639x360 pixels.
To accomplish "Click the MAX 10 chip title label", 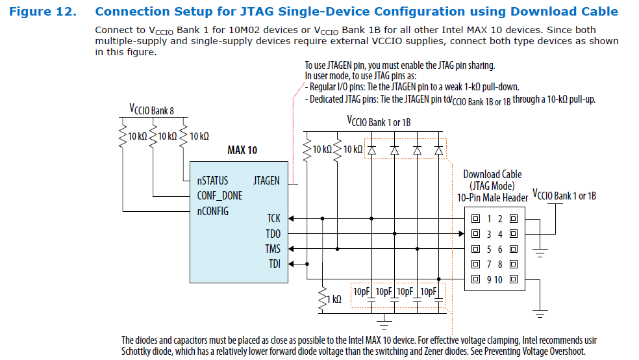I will (x=242, y=150).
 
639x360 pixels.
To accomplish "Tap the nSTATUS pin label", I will (x=212, y=181).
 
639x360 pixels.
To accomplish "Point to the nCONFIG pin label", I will (x=213, y=211).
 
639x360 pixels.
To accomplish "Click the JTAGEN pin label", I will (x=266, y=181).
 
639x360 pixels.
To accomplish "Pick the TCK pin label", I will (x=273, y=219).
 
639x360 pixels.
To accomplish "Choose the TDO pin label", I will (x=273, y=233).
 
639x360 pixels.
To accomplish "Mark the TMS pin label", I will (x=273, y=248).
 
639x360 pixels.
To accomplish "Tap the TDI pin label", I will (x=275, y=263).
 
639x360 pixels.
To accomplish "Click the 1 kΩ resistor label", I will (x=334, y=300).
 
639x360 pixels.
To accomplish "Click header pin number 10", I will (x=498, y=280).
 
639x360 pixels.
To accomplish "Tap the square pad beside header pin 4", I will (x=513, y=234).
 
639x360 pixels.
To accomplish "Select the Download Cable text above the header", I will (x=492, y=174).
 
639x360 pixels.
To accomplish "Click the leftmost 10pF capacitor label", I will (x=362, y=291).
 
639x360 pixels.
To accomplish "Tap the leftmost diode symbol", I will (x=372, y=149).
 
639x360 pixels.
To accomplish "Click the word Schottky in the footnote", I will (x=138, y=352).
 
